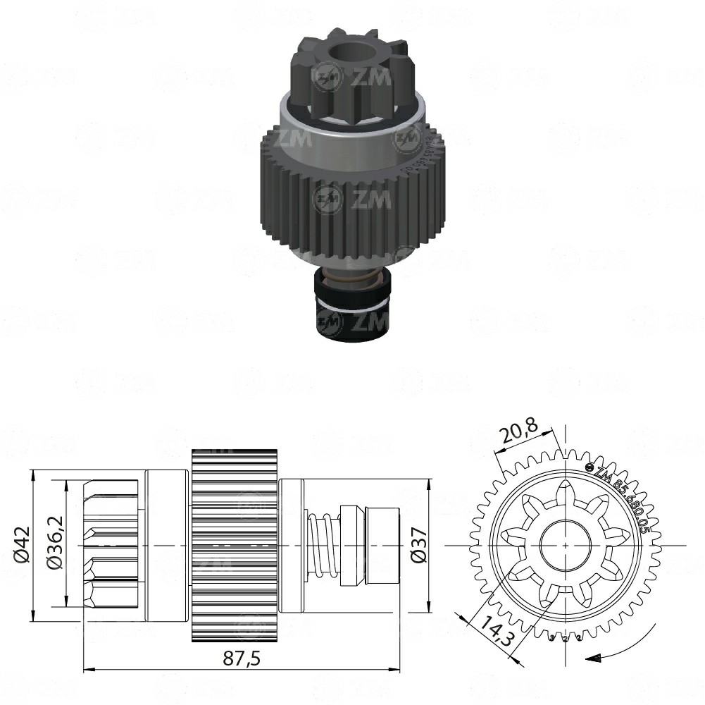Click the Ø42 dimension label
[22, 546]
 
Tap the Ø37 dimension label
[418, 546]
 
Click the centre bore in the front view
[565, 546]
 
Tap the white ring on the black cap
[351, 305]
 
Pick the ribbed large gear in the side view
[235, 546]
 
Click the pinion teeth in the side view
[113, 546]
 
